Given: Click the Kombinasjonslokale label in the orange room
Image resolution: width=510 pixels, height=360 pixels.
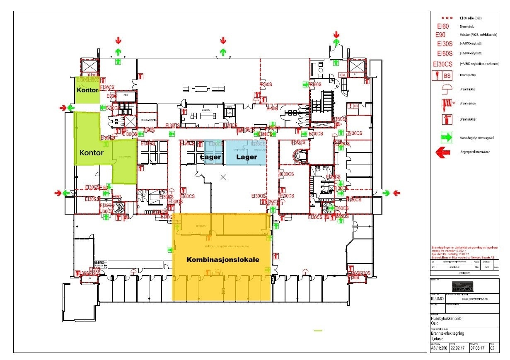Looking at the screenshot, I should pyautogui.click(x=222, y=260).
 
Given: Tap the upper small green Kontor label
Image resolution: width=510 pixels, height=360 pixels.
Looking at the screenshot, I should pyautogui.click(x=87, y=90).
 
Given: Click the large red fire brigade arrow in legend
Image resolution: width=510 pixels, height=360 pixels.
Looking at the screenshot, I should pyautogui.click(x=443, y=152).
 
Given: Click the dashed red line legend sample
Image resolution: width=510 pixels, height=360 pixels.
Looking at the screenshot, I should pyautogui.click(x=445, y=18).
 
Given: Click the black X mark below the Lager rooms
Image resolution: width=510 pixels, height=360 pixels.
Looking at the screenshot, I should pyautogui.click(x=224, y=177).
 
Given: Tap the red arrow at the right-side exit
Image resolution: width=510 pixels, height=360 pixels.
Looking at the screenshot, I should pyautogui.click(x=396, y=193).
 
